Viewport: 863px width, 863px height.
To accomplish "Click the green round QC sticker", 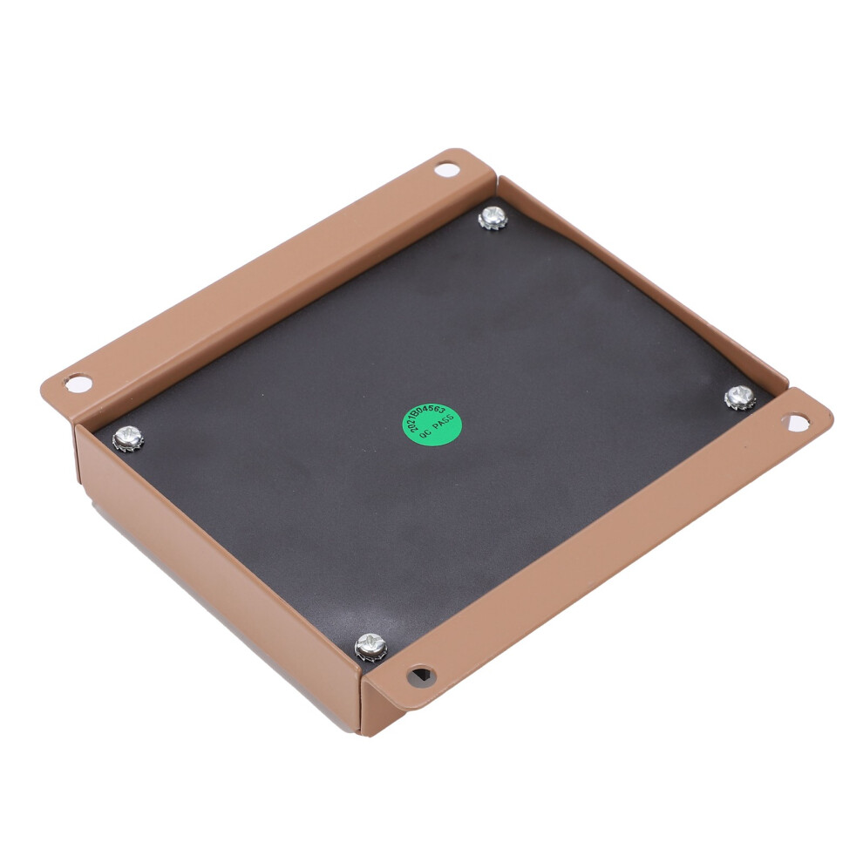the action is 432,425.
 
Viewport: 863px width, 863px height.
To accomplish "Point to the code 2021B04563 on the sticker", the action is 426,418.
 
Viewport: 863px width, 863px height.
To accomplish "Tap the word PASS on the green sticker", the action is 444,426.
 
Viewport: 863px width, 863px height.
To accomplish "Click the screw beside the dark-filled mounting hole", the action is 371,647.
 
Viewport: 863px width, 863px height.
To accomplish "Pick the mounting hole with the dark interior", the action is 422,676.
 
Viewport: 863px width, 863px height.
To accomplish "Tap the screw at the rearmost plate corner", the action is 493,218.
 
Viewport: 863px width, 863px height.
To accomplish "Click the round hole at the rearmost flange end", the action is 447,169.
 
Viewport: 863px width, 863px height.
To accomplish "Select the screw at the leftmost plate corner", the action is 128,438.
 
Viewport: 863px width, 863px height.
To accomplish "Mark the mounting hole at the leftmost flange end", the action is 78,383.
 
